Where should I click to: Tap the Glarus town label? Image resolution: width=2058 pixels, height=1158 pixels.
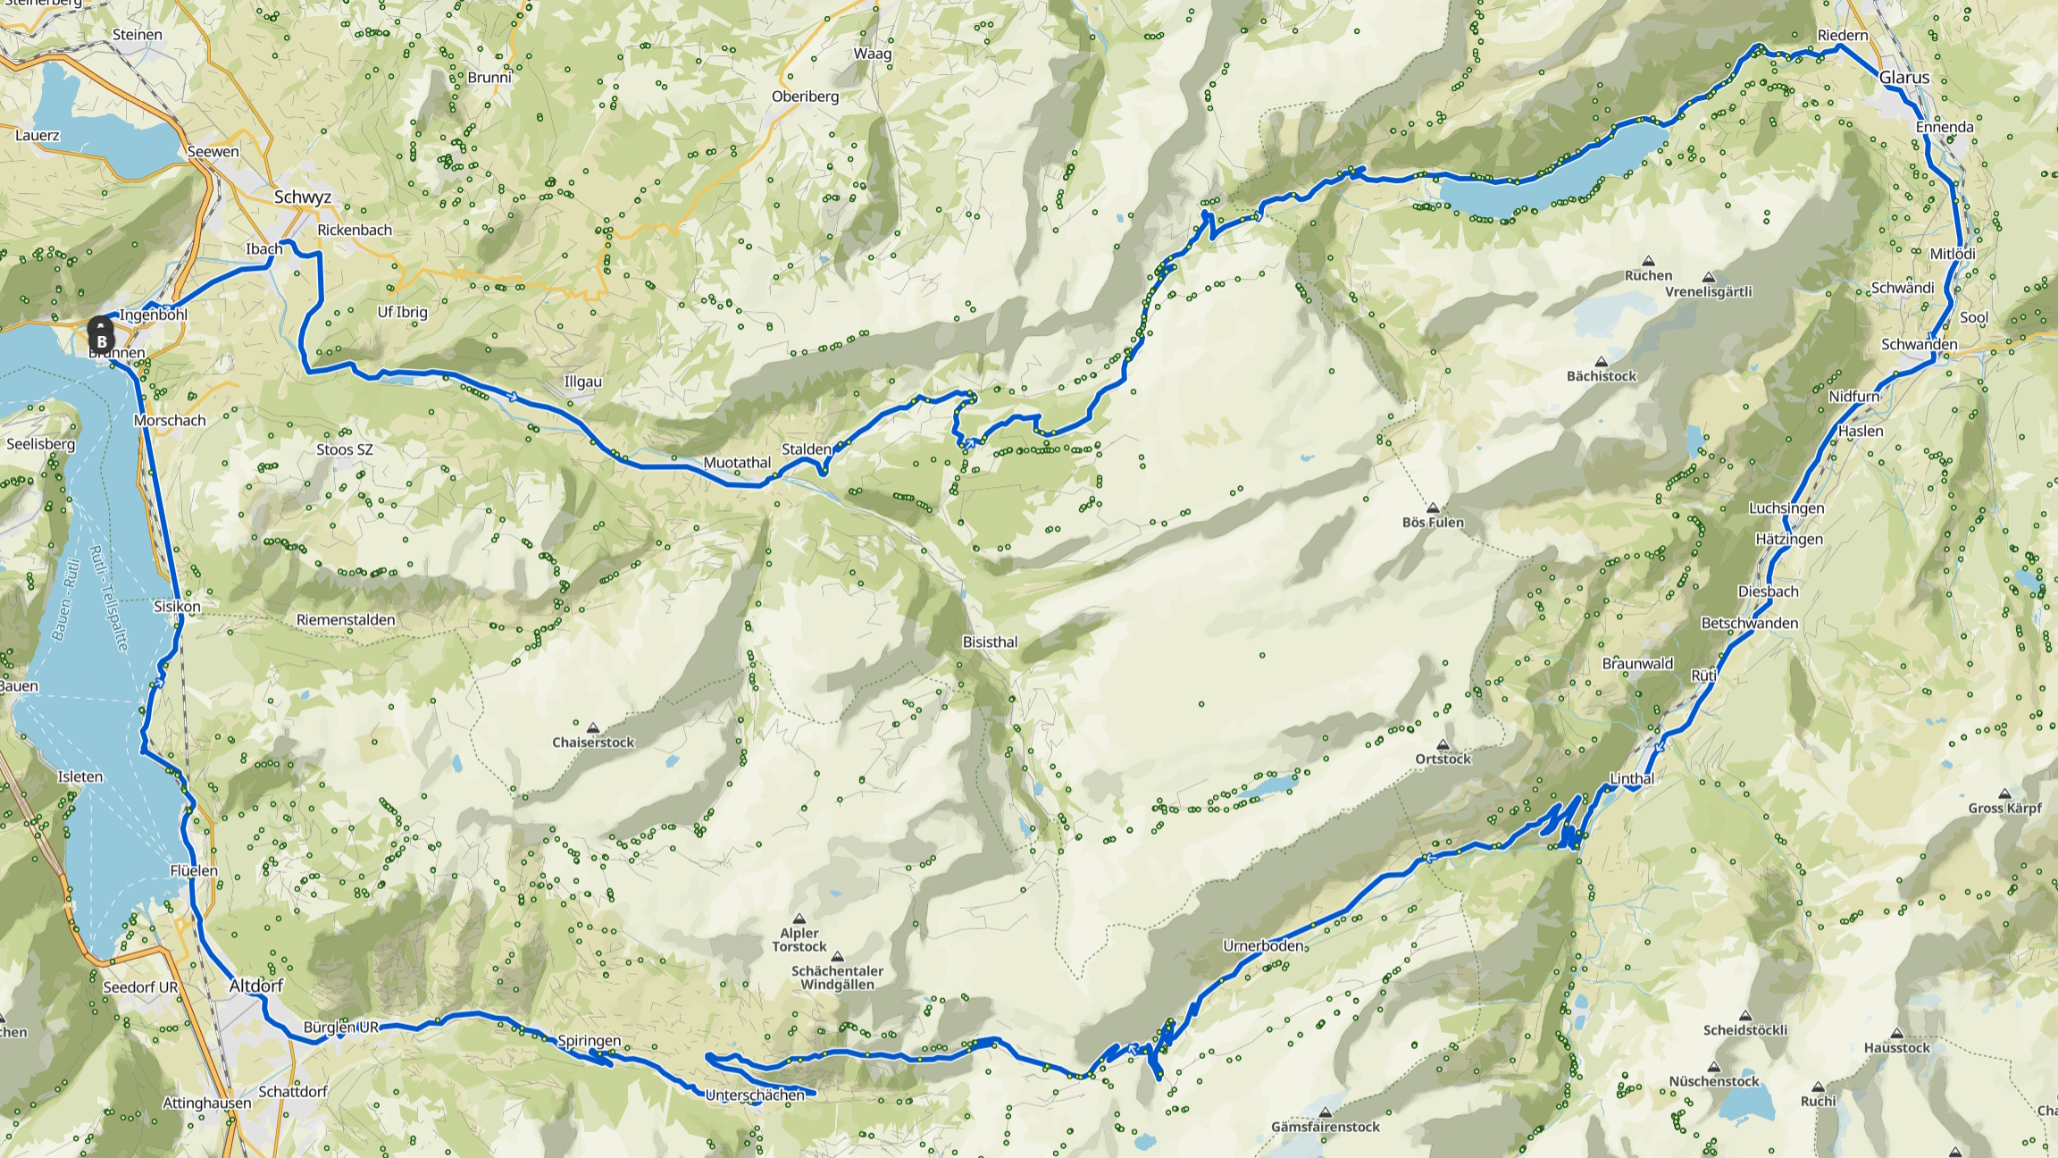pos(1903,78)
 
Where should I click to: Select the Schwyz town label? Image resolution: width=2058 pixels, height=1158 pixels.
pos(303,197)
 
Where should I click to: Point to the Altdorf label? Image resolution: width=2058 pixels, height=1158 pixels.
pos(256,986)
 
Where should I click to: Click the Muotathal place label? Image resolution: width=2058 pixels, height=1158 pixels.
pos(737,463)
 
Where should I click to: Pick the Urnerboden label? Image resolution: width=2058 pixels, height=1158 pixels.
pos(1262,945)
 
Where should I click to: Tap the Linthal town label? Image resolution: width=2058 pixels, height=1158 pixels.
pos(1631,779)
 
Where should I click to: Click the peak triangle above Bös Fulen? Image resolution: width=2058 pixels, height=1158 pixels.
pos(1432,508)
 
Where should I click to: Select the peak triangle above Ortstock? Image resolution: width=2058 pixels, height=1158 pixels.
pos(1443,744)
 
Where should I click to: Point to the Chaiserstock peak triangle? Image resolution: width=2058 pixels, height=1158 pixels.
pos(592,727)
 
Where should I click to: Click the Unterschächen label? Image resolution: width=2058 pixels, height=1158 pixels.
pos(755,1095)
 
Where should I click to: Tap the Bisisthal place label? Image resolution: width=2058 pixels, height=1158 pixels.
pos(990,642)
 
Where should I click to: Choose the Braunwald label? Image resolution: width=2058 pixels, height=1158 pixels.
pos(1637,664)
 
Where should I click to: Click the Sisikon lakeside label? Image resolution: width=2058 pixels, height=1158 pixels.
pos(177,607)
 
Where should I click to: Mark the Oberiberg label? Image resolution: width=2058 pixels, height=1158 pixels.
pos(805,96)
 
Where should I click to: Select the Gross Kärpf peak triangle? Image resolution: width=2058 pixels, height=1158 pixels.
pos(2004,793)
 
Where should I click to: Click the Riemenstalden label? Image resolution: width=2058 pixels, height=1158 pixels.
pos(346,620)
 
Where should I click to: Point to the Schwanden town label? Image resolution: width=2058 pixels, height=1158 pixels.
pos(1919,345)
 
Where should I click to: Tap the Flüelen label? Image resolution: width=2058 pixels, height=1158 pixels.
pos(194,871)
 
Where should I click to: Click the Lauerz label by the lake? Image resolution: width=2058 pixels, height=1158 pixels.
pos(38,136)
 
